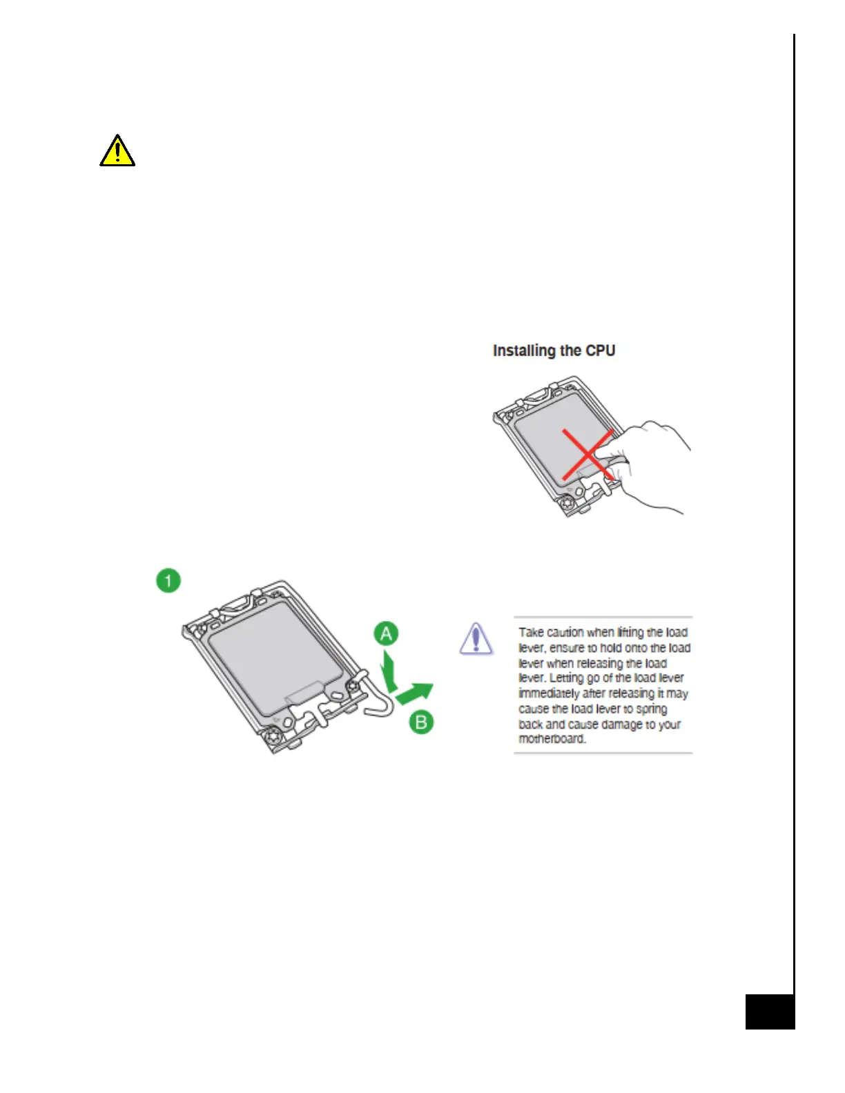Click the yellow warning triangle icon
tap(117, 151)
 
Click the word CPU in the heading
tap(600, 351)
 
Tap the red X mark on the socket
tap(587, 454)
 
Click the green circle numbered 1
tap(168, 580)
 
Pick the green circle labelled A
tap(386, 633)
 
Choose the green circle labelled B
tap(421, 722)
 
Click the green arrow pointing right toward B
tap(416, 692)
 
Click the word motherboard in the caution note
tap(552, 739)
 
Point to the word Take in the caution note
tap(531, 632)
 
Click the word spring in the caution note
tap(652, 709)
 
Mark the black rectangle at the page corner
tap(770, 1012)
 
